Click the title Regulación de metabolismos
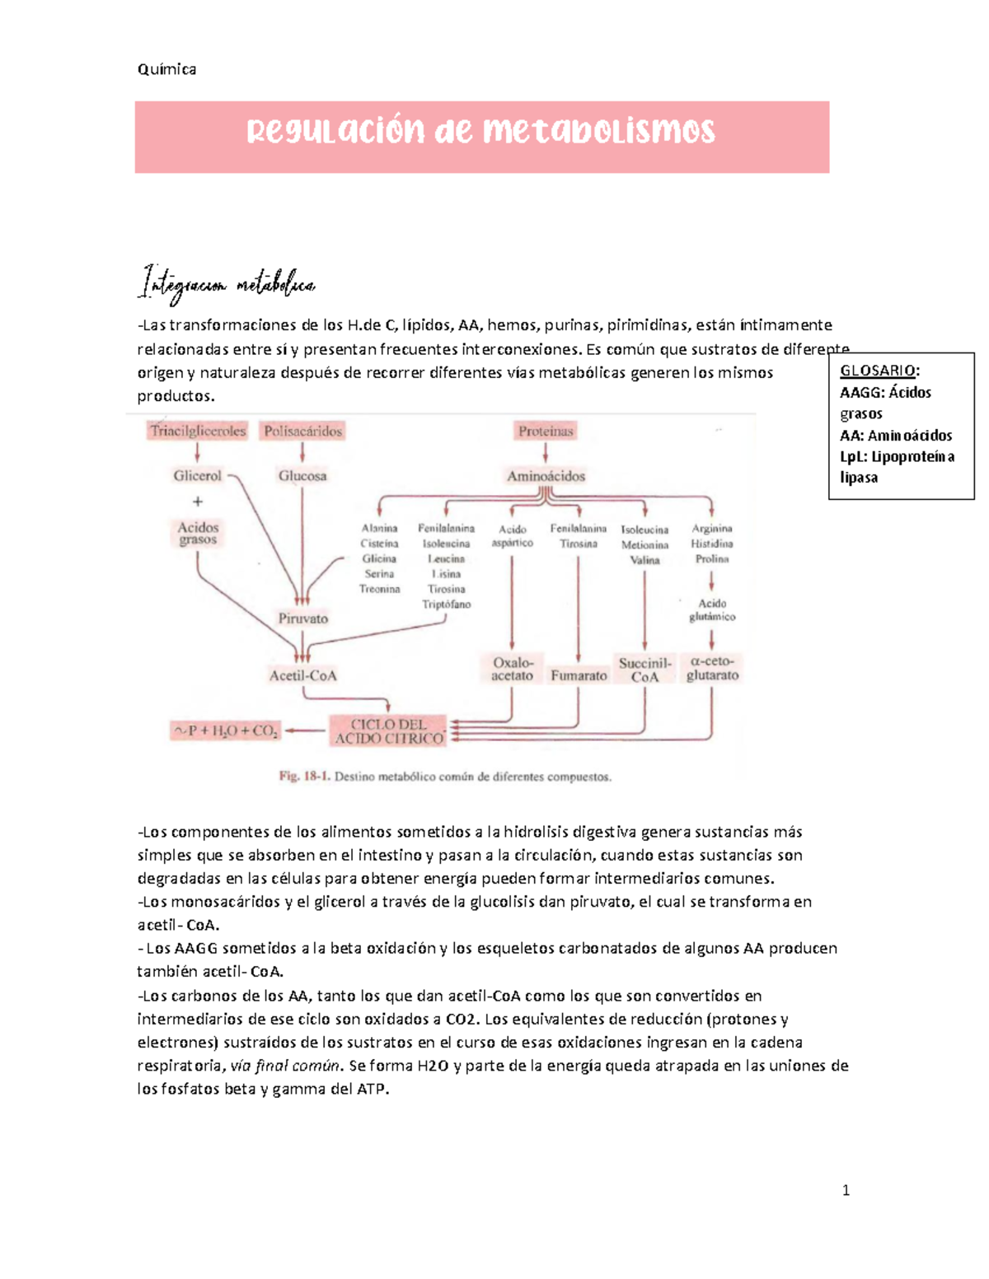(481, 132)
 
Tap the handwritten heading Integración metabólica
(227, 285)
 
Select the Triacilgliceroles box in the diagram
(198, 431)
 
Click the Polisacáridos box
(302, 431)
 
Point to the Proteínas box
(545, 431)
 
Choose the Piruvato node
(302, 618)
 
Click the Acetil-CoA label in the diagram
(302, 675)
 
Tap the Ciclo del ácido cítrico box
(388, 731)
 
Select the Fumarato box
(579, 675)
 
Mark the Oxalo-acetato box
(512, 669)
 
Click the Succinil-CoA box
(644, 670)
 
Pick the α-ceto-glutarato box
(712, 668)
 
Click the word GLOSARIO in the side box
(877, 371)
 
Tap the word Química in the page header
(166, 69)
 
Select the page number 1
(846, 1190)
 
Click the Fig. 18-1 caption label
(303, 777)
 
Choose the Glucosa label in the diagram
(302, 476)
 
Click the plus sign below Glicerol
(197, 502)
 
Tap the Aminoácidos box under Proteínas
(546, 476)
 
